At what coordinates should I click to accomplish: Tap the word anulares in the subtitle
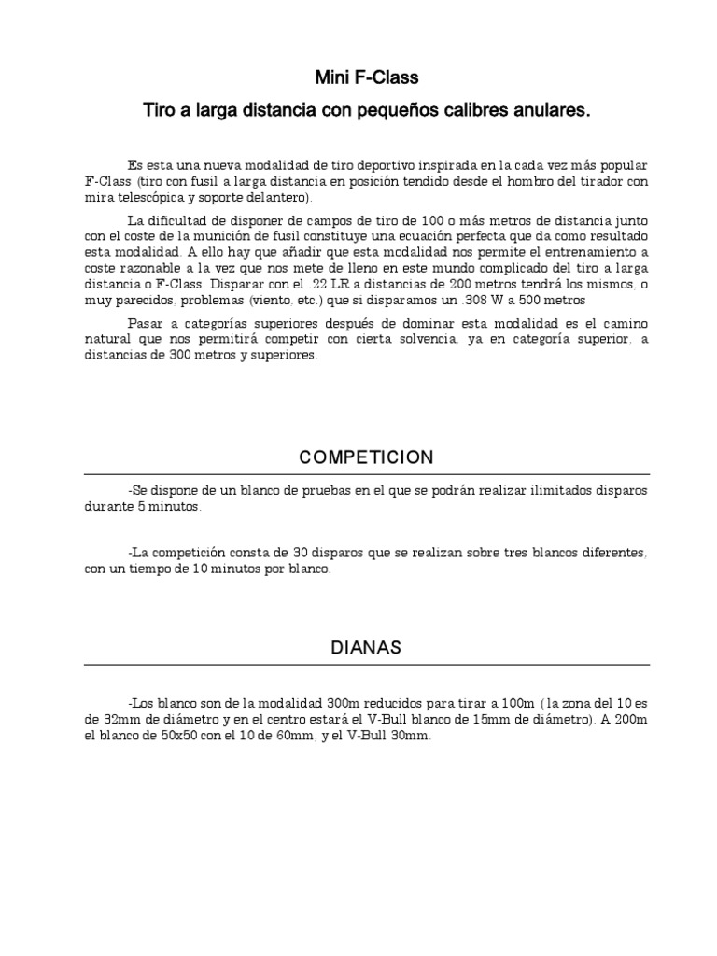point(548,111)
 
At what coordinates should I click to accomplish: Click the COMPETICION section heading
point(366,457)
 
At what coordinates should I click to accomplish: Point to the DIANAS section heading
point(366,648)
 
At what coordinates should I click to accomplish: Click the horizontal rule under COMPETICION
point(366,474)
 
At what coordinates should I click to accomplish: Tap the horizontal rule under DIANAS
point(366,665)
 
